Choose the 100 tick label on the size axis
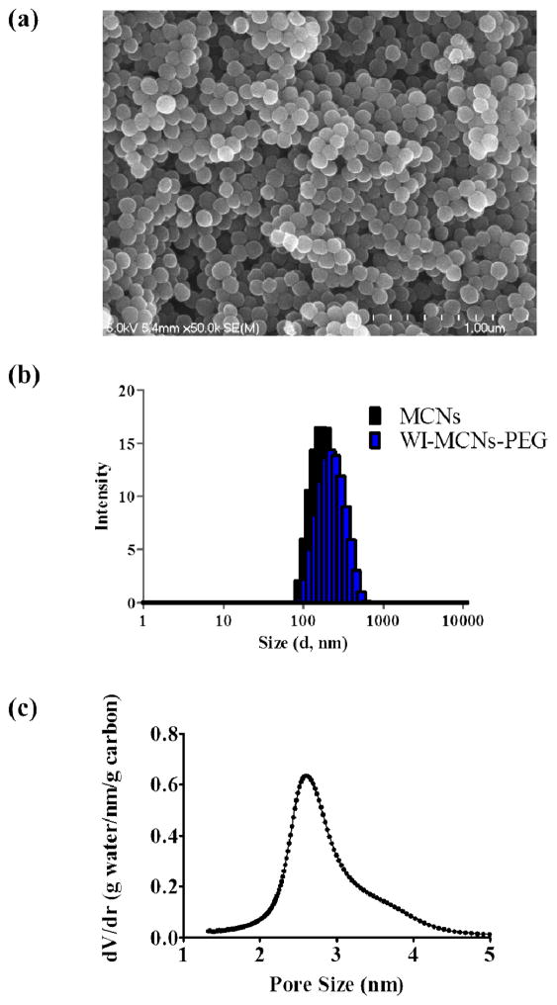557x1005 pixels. [304, 621]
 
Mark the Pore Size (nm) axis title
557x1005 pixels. [336, 984]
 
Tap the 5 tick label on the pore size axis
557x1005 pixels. [490, 957]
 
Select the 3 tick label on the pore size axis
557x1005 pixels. [336, 957]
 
